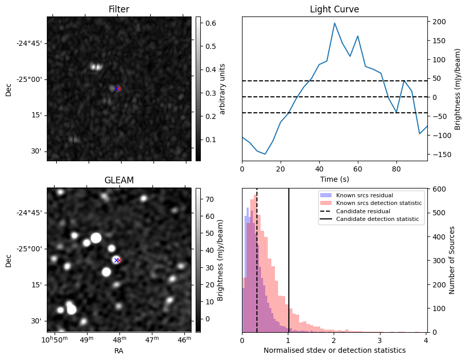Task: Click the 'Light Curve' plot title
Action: coord(334,9)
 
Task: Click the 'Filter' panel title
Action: coord(119,9)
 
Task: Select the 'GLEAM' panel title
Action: coord(119,180)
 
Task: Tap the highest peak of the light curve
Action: coord(335,23)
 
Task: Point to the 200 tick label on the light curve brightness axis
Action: coord(439,22)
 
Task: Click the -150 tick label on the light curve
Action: coord(440,155)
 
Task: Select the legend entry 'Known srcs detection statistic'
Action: coord(378,203)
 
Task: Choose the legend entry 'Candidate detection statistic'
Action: coord(377,219)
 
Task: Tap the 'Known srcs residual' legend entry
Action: coord(364,195)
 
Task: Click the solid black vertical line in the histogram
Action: coord(289,258)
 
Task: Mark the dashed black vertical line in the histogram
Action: coord(257,258)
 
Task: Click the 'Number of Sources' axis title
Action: coord(452,260)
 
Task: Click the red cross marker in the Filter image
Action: coord(119,89)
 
